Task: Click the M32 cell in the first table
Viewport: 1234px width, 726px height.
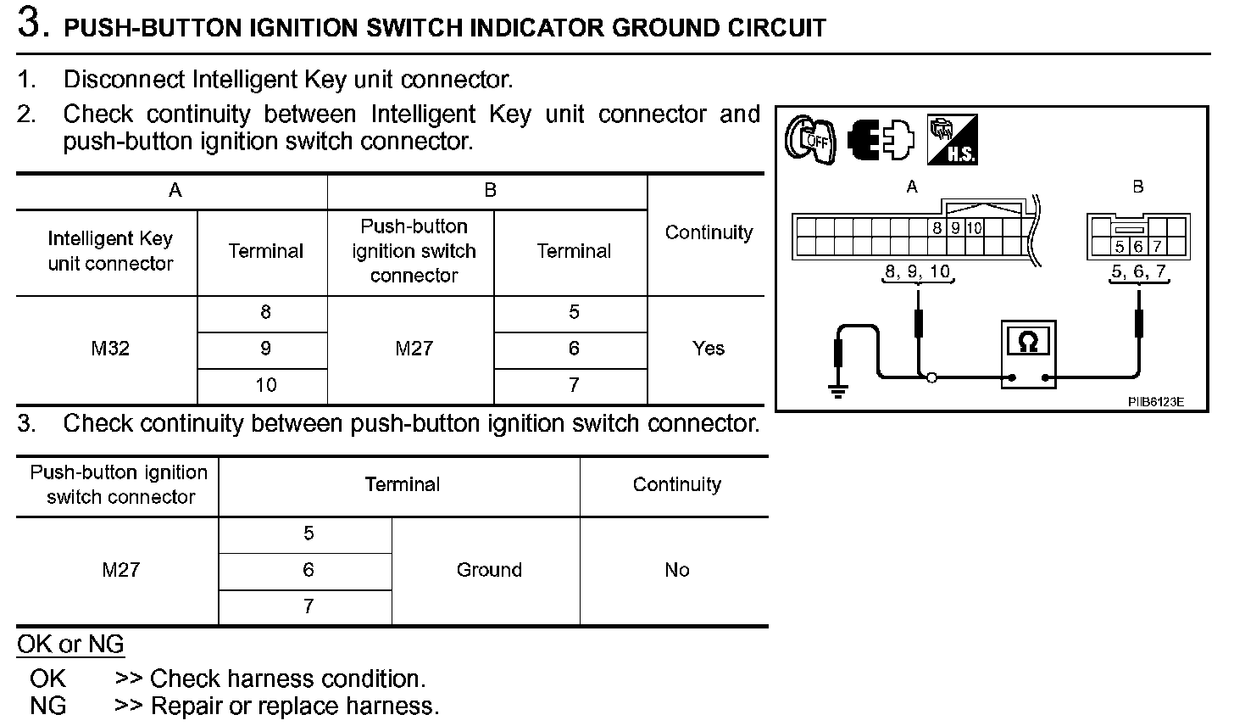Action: point(110,349)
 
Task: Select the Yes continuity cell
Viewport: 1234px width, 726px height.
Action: point(708,349)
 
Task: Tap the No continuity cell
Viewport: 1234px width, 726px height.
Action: point(676,570)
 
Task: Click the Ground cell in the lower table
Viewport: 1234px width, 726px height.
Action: point(488,570)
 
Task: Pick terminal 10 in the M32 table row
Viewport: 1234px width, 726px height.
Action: point(265,385)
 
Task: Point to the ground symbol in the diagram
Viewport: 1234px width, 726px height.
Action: point(838,391)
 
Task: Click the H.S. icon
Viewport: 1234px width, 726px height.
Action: point(952,140)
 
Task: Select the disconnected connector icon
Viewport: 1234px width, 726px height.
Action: point(881,140)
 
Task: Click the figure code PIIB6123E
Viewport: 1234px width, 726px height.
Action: point(1155,401)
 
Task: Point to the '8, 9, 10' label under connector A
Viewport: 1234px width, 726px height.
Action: point(917,272)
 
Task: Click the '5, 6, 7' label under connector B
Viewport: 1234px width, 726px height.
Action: point(1138,272)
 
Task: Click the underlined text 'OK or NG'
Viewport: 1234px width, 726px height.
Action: point(70,645)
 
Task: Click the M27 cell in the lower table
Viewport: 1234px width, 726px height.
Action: point(120,570)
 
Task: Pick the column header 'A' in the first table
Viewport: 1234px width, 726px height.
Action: point(175,191)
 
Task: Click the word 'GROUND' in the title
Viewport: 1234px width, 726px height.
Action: point(665,28)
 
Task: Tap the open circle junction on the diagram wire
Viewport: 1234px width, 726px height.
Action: point(931,378)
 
